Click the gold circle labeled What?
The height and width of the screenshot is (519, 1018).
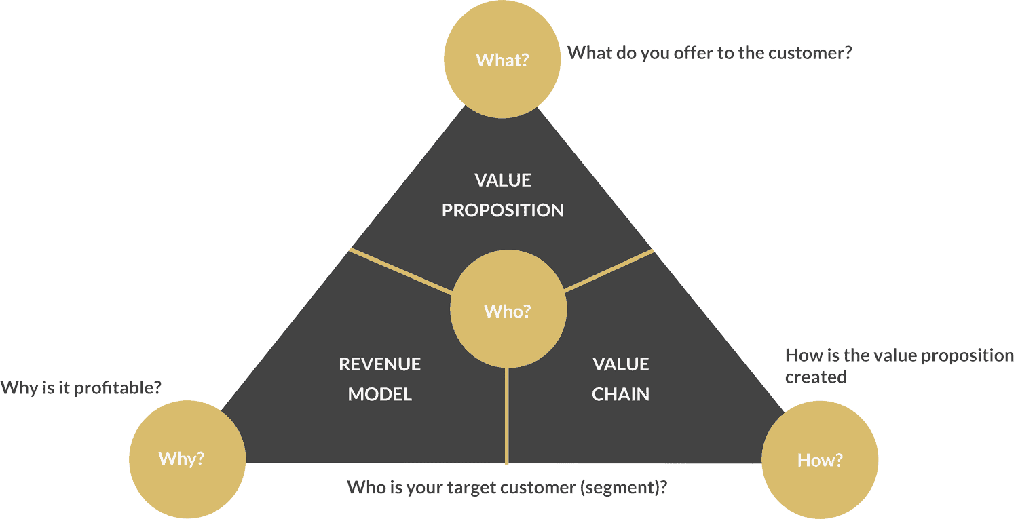click(x=502, y=60)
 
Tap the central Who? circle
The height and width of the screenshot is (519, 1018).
click(x=508, y=311)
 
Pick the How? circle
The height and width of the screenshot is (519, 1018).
click(x=820, y=460)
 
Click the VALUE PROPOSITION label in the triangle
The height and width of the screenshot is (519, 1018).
click(x=502, y=195)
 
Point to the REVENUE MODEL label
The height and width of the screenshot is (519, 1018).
click(x=380, y=379)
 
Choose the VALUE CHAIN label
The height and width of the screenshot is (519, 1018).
click(x=620, y=379)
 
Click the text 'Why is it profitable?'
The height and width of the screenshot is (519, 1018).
click(x=81, y=388)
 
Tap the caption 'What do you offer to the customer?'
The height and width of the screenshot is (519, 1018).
click(x=709, y=53)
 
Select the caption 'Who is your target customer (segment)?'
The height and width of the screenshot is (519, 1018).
click(x=507, y=487)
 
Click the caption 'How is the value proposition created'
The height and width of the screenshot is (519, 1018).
click(x=899, y=366)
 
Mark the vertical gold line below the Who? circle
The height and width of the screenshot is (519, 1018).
click(x=507, y=415)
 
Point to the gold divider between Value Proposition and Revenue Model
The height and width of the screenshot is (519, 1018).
click(x=400, y=271)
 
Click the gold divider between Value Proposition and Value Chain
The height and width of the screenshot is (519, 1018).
click(x=609, y=271)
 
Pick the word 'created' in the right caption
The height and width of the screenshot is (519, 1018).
click(x=816, y=377)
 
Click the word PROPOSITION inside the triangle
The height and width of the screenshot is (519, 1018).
click(x=502, y=210)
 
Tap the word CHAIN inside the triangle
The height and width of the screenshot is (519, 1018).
click(x=620, y=394)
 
